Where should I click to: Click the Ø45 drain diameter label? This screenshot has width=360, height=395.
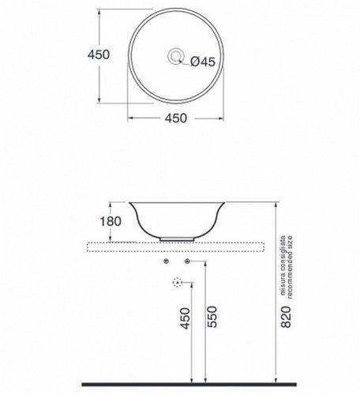[x=202, y=62]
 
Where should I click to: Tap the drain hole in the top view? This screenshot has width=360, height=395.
[x=175, y=56]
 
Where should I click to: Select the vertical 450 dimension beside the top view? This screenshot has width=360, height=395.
[x=99, y=55]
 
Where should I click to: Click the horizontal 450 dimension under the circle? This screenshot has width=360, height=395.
[x=176, y=118]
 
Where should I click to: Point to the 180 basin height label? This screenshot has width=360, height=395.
[x=111, y=221]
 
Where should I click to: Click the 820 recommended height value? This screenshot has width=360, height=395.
[x=287, y=317]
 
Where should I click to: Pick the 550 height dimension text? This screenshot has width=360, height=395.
[x=212, y=317]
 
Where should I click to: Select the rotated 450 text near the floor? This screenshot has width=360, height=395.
[x=185, y=318]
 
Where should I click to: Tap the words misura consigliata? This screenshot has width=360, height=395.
[x=283, y=265]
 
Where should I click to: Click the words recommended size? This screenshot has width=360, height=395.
[x=290, y=267]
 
